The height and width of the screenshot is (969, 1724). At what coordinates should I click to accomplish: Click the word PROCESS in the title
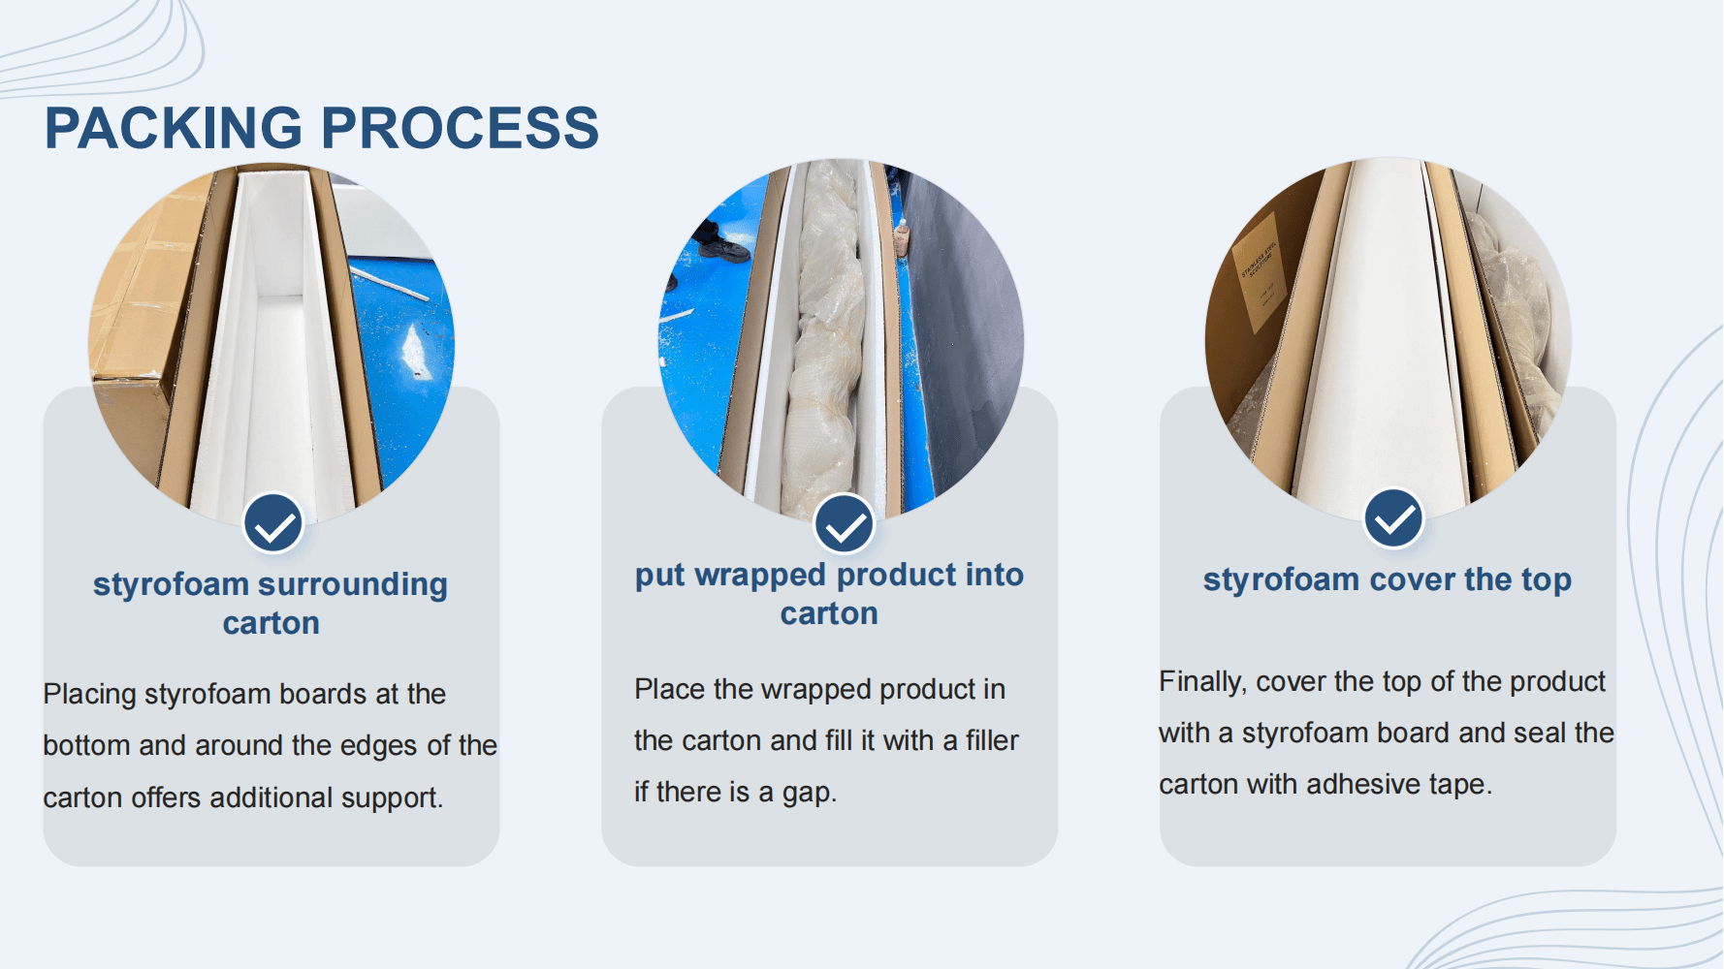coord(460,128)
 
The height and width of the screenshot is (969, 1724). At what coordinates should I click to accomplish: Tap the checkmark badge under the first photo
coord(273,523)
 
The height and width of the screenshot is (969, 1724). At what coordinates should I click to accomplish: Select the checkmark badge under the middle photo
coord(845,523)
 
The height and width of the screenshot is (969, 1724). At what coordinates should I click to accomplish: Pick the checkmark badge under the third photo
coord(1393,517)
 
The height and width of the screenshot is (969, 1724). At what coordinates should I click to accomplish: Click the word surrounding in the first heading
coord(352,585)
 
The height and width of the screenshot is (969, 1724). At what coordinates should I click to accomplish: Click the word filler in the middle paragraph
coord(992,740)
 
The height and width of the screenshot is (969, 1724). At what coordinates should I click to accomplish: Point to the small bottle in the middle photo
coord(901,237)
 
